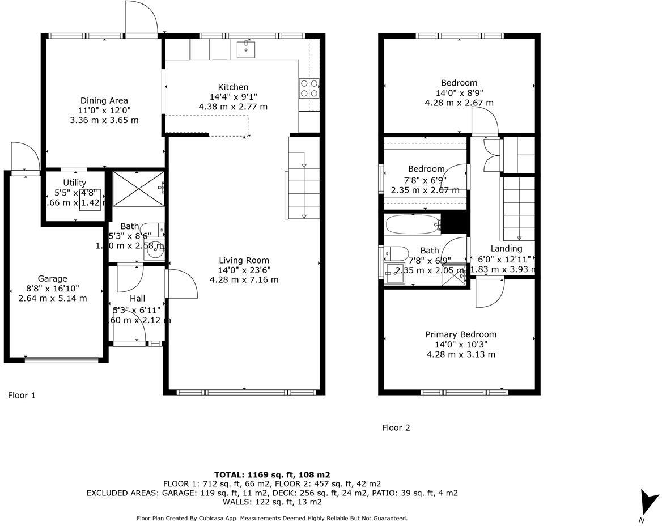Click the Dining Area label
(104, 100)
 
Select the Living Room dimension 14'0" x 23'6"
(244, 270)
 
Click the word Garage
(52, 278)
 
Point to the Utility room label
(74, 182)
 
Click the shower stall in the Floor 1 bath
(138, 189)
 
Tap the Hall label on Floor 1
(137, 298)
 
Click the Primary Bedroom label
(461, 334)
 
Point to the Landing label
(506, 248)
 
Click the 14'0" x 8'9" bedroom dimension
(459, 93)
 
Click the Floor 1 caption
(22, 396)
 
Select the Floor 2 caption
(396, 428)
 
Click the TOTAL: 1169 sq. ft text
(272, 475)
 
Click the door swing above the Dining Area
(141, 18)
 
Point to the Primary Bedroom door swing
(490, 293)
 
